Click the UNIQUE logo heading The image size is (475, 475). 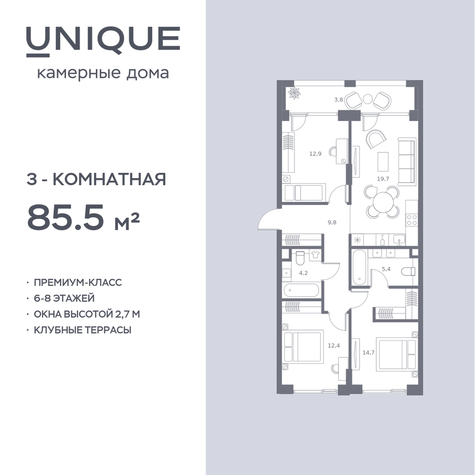[103, 41]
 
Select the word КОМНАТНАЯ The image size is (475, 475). [110, 179]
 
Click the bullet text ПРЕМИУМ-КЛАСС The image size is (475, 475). [78, 282]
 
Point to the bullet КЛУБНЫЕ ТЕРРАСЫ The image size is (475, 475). [83, 330]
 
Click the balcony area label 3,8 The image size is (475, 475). [339, 99]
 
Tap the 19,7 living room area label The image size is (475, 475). [383, 179]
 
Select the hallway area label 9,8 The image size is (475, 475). [332, 222]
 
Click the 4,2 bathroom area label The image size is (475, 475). [303, 273]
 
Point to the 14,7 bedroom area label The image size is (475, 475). [369, 352]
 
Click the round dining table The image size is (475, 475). [383, 202]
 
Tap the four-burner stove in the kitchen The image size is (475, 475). [412, 219]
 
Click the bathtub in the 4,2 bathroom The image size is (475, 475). [301, 290]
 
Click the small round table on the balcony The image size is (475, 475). [368, 99]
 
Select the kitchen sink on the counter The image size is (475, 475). [399, 239]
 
